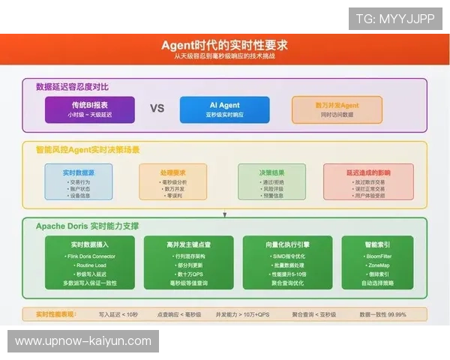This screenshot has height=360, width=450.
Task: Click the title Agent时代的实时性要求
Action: coord(224,44)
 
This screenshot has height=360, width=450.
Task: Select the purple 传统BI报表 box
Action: coord(89,109)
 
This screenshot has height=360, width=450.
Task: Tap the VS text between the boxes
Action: coord(157,108)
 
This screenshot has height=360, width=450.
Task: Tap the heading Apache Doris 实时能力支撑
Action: coord(87,226)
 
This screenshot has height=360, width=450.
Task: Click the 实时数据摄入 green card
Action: coord(89,262)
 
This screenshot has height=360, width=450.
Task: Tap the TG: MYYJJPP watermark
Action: coord(395,19)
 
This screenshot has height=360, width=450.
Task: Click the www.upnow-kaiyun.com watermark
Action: coord(83,341)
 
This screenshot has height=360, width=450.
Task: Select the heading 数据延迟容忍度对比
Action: coord(77,86)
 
